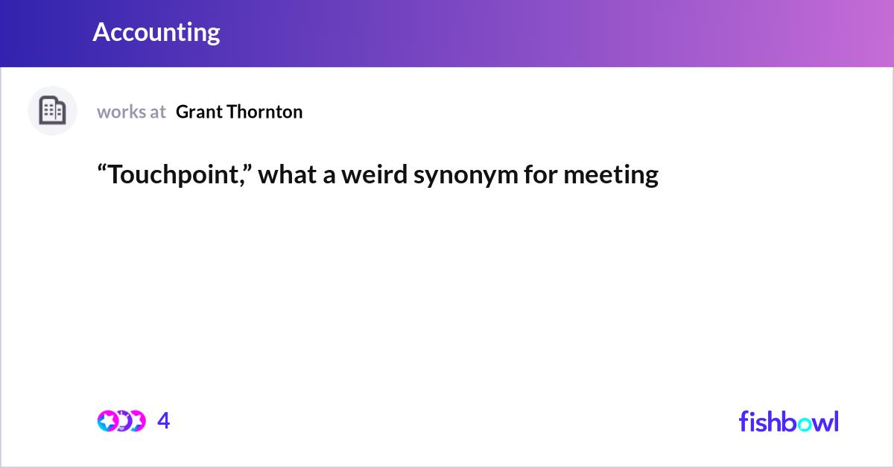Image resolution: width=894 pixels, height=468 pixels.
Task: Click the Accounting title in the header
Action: coord(156,32)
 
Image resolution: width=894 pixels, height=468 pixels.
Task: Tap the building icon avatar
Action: coord(52,110)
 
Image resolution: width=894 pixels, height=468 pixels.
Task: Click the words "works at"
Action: coord(131,112)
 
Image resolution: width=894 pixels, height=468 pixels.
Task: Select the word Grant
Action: coord(199,112)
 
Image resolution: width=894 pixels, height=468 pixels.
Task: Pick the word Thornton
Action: coord(264,112)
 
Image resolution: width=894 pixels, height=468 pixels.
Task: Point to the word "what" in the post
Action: coord(287,174)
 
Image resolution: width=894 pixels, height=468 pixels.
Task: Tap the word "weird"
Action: coord(374,174)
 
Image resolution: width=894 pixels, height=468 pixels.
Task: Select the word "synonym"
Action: coord(466,176)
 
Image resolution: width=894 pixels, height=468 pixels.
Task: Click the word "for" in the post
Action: coord(540,174)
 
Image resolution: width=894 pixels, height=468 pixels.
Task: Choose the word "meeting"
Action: coord(611,176)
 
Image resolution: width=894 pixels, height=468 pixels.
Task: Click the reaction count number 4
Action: coord(164,420)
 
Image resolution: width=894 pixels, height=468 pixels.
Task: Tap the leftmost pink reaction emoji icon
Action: coord(108,421)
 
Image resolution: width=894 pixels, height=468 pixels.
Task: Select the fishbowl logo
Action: coord(789,421)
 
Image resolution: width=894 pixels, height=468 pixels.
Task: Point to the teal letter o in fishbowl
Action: coord(806,424)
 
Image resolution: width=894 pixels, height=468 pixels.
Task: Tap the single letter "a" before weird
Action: coord(329,177)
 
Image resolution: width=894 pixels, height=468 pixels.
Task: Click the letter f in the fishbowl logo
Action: coord(744,421)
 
